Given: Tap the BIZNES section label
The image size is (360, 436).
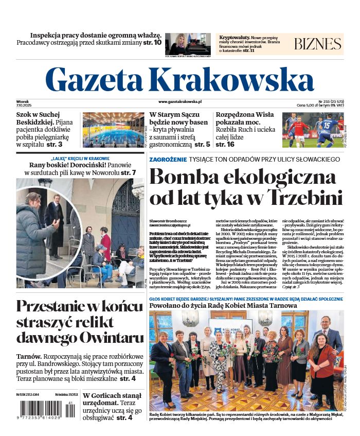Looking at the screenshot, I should coord(317,44).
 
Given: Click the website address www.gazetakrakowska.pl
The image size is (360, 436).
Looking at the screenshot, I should coord(179,102).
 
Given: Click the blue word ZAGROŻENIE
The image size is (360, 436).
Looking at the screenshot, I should coord(168,160).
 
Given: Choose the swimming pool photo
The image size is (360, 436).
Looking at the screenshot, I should coord(113,129).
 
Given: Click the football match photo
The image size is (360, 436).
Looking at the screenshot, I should coord(313,129).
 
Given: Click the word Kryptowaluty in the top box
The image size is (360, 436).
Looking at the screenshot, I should coord(234,38).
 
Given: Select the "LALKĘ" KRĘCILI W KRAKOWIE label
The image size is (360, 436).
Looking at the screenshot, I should coord(80,158).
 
